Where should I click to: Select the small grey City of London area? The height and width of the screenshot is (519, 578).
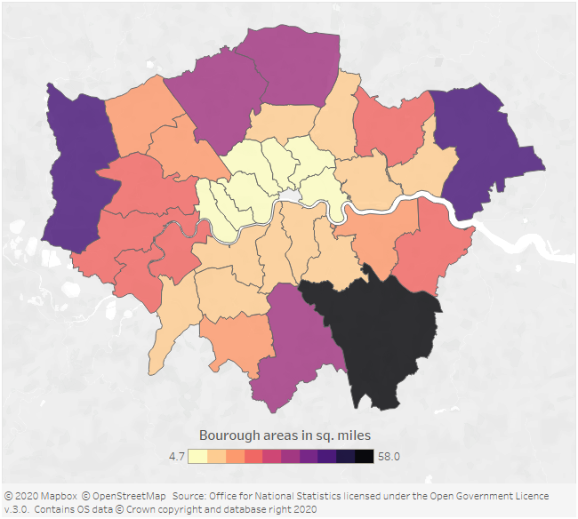291,195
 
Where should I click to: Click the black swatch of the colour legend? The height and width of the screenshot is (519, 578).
365,456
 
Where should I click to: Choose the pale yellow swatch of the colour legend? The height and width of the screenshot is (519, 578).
197,456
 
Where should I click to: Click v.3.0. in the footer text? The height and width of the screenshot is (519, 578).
18,509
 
